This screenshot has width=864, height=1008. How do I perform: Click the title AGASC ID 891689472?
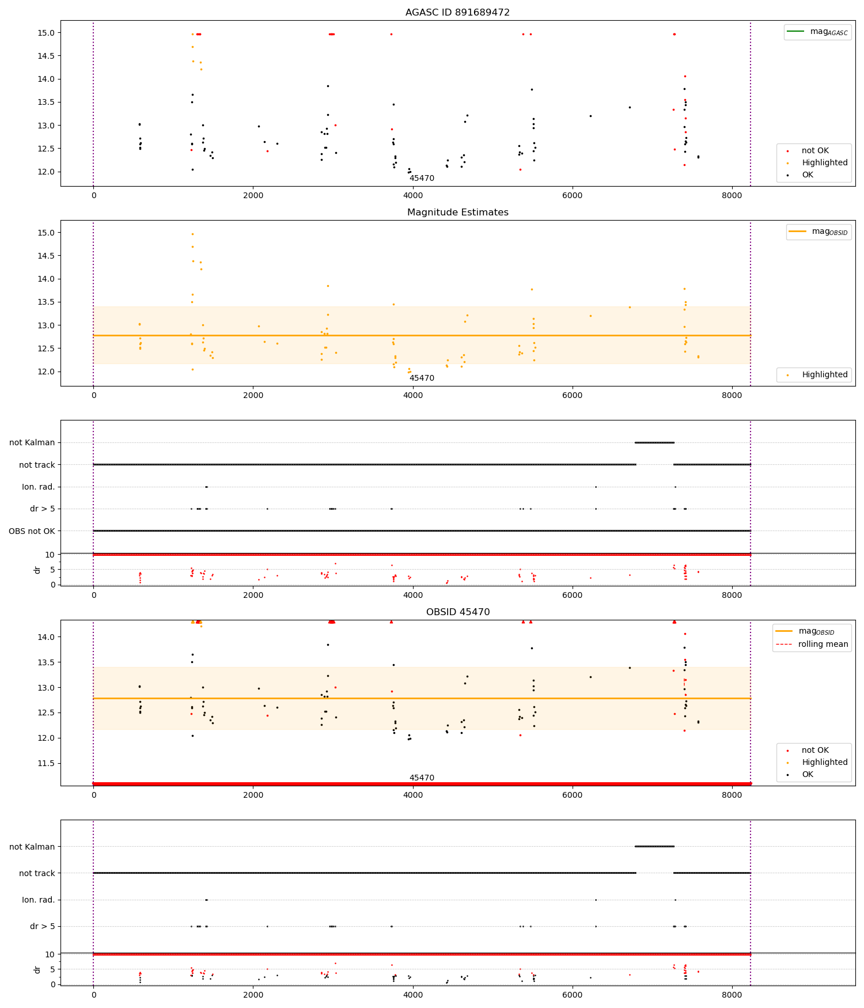pyautogui.click(x=457, y=12)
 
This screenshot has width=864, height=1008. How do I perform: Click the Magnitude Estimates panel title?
pyautogui.click(x=457, y=212)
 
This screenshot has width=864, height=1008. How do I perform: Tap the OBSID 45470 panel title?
pyautogui.click(x=457, y=612)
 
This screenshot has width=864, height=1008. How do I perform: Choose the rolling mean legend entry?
pyautogui.click(x=823, y=644)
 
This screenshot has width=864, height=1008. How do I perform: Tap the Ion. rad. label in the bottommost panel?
pyautogui.click(x=38, y=900)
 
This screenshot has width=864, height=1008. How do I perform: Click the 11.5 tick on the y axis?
pyautogui.click(x=47, y=763)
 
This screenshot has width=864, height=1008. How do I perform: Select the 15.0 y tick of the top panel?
pyautogui.click(x=47, y=33)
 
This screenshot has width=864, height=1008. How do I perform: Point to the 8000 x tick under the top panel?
pyautogui.click(x=732, y=195)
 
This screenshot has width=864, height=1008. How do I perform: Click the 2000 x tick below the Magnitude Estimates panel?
pyautogui.click(x=253, y=395)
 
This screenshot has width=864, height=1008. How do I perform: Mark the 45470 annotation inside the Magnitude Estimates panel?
pyautogui.click(x=422, y=378)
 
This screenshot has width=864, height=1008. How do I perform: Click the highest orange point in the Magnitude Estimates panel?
pyautogui.click(x=192, y=234)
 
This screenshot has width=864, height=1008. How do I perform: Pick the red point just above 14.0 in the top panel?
pyautogui.click(x=685, y=76)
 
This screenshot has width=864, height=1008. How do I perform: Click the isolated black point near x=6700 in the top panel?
pyautogui.click(x=630, y=107)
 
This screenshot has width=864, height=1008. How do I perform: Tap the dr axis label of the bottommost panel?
pyautogui.click(x=37, y=970)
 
